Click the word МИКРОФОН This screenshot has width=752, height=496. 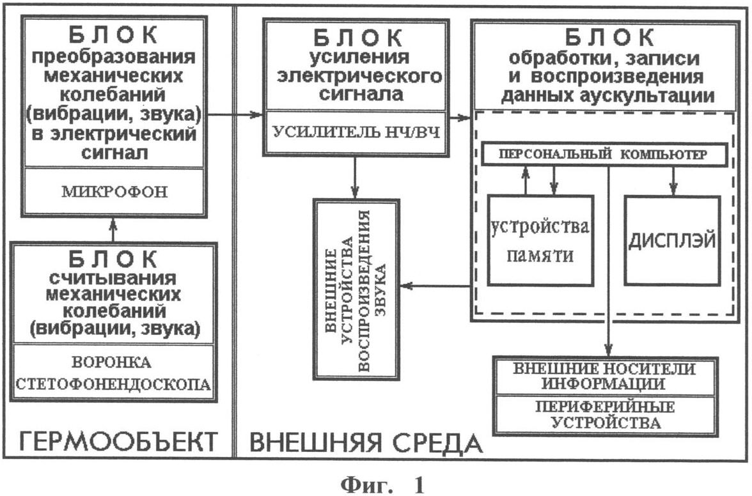click(x=114, y=192)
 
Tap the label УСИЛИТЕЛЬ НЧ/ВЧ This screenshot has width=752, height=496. click(x=356, y=132)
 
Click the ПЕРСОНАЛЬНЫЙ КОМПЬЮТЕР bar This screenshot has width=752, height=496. click(x=604, y=154)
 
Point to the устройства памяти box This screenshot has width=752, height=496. click(x=540, y=240)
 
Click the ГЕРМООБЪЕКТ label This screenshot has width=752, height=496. click(x=118, y=442)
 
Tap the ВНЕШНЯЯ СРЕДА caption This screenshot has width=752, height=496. click(x=366, y=442)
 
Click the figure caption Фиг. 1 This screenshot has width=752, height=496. click(x=382, y=485)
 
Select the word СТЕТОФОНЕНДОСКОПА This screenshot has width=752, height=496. click(x=113, y=384)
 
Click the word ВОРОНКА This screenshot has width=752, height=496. click(x=111, y=362)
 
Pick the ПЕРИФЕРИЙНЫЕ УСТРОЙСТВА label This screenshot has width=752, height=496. click(x=605, y=415)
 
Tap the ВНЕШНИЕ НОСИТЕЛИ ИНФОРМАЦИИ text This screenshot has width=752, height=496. click(x=604, y=376)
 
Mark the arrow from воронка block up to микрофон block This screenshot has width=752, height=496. click(x=113, y=230)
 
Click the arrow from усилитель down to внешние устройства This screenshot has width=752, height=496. click(x=354, y=177)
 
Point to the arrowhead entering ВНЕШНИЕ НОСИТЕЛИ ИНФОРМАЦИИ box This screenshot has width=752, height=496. click(x=609, y=352)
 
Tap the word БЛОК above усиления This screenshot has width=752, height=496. click(x=358, y=37)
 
